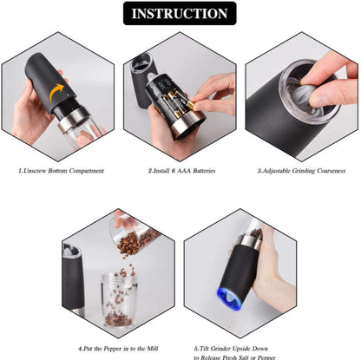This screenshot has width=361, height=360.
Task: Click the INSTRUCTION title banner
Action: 180,13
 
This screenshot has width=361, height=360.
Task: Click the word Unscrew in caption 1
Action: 35,171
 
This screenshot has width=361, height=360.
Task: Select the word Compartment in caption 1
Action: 87,171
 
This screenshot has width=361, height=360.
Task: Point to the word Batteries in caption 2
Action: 204,171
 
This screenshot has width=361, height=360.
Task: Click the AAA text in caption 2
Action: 184,171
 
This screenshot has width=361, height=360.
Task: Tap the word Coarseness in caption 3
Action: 331,171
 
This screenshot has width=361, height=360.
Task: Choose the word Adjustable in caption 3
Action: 276,171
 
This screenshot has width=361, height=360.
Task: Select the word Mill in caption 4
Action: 152,349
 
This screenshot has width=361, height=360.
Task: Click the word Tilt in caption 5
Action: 204,349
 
